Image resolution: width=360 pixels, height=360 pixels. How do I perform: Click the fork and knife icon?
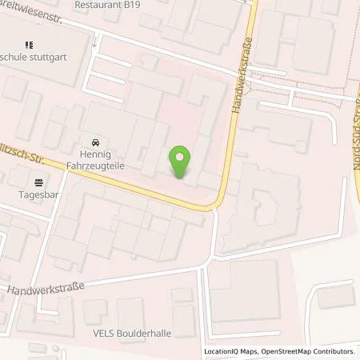(30, 45)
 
